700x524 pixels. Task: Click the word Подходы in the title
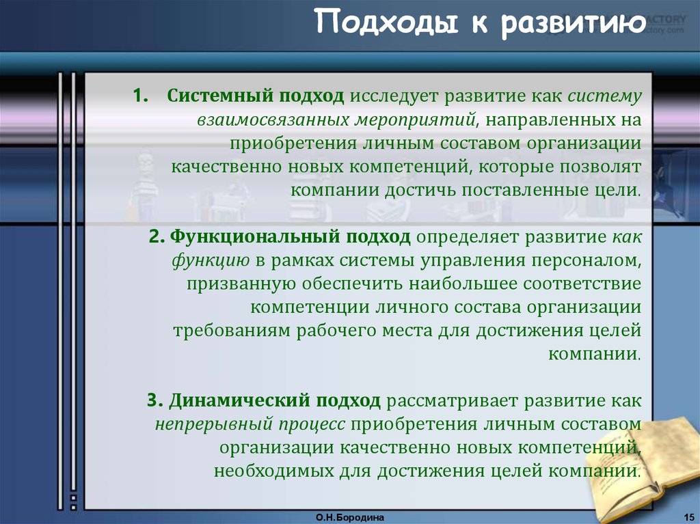tap(387, 23)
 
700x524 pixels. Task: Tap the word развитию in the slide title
tap(574, 23)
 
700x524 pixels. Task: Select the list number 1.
tap(141, 96)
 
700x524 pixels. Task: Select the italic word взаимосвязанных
tap(273, 120)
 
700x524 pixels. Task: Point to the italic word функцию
tap(211, 261)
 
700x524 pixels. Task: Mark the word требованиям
tap(232, 331)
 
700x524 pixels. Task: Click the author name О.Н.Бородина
tap(350, 518)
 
